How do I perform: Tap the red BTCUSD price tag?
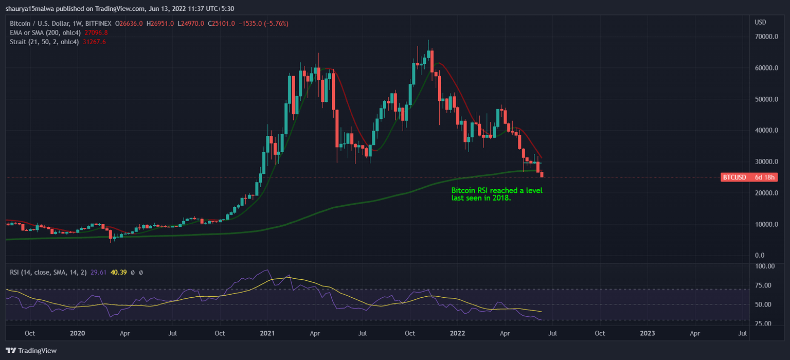coord(749,177)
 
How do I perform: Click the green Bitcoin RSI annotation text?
coord(496,194)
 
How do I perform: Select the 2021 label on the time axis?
coord(268,333)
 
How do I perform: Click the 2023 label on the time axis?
coord(647,333)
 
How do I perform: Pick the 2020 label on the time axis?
coord(77,333)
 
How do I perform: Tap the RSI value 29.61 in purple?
coord(98,272)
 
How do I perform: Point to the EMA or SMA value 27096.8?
coord(96,32)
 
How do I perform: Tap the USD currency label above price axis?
coord(760,22)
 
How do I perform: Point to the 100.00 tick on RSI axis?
coord(765,266)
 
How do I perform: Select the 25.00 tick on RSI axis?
coord(765,323)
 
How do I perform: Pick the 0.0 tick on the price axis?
coord(759,256)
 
